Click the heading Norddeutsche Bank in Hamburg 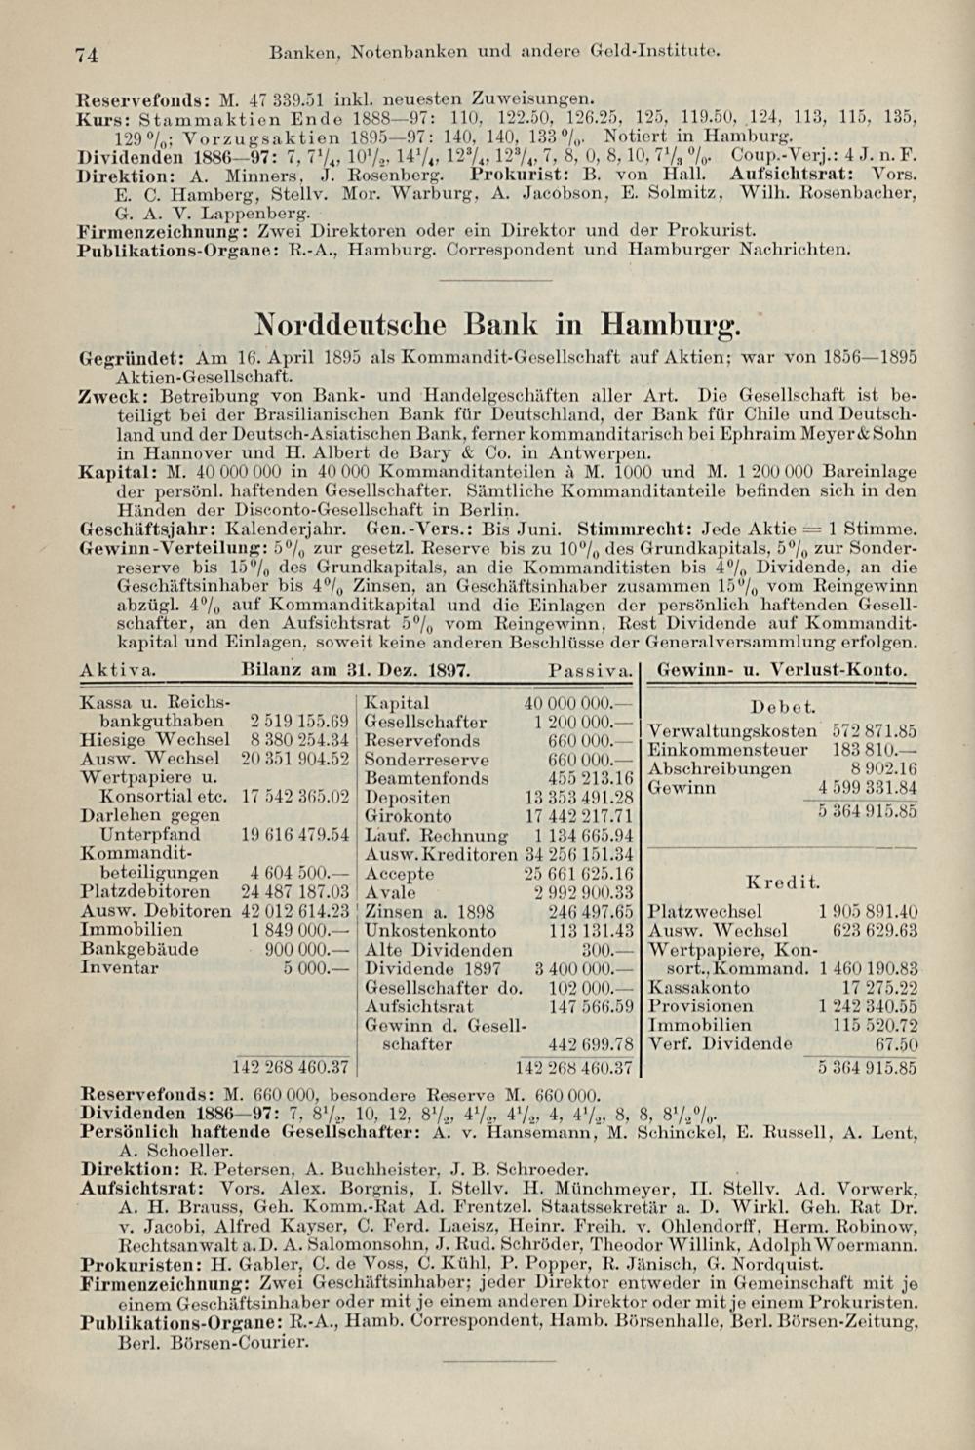(x=496, y=322)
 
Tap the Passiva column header (x=590, y=671)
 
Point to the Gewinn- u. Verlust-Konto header (x=783, y=671)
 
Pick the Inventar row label (x=119, y=968)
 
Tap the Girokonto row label (x=408, y=816)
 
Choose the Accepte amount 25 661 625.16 (x=579, y=873)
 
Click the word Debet (x=783, y=706)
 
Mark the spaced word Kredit (x=783, y=882)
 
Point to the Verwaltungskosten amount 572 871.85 (x=874, y=730)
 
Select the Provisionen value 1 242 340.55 (x=868, y=1005)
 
